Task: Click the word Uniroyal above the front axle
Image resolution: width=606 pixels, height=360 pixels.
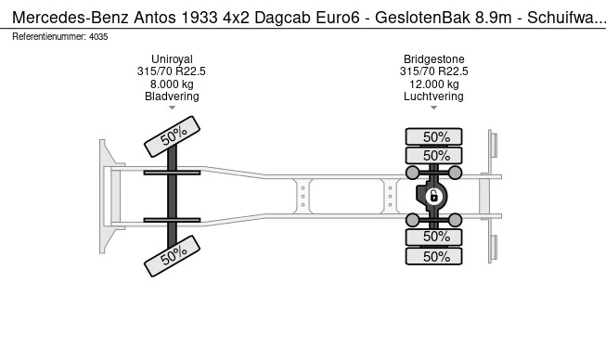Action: click(x=171, y=58)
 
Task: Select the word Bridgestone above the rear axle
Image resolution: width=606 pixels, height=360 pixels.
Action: click(x=433, y=58)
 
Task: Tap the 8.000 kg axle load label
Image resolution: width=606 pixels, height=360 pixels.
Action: click(x=171, y=84)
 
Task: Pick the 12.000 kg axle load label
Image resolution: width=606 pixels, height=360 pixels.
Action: click(x=433, y=84)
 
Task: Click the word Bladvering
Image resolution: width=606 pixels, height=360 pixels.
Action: click(x=171, y=96)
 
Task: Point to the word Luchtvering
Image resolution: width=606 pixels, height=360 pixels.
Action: click(x=433, y=96)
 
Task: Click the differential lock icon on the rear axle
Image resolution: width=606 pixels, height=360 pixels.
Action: click(x=433, y=196)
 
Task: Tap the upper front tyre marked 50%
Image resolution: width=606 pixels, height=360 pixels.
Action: click(x=172, y=137)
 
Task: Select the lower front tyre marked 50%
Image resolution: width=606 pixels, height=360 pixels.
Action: click(x=172, y=255)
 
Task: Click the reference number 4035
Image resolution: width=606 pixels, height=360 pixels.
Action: click(x=97, y=36)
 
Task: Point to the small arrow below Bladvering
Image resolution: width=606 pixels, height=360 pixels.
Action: click(x=171, y=109)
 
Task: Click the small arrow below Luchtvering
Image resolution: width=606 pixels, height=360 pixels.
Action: click(x=433, y=109)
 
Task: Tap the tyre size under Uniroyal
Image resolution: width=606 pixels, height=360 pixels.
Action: click(x=171, y=71)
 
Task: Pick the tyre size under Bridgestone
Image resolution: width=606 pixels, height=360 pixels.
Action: click(x=433, y=71)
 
